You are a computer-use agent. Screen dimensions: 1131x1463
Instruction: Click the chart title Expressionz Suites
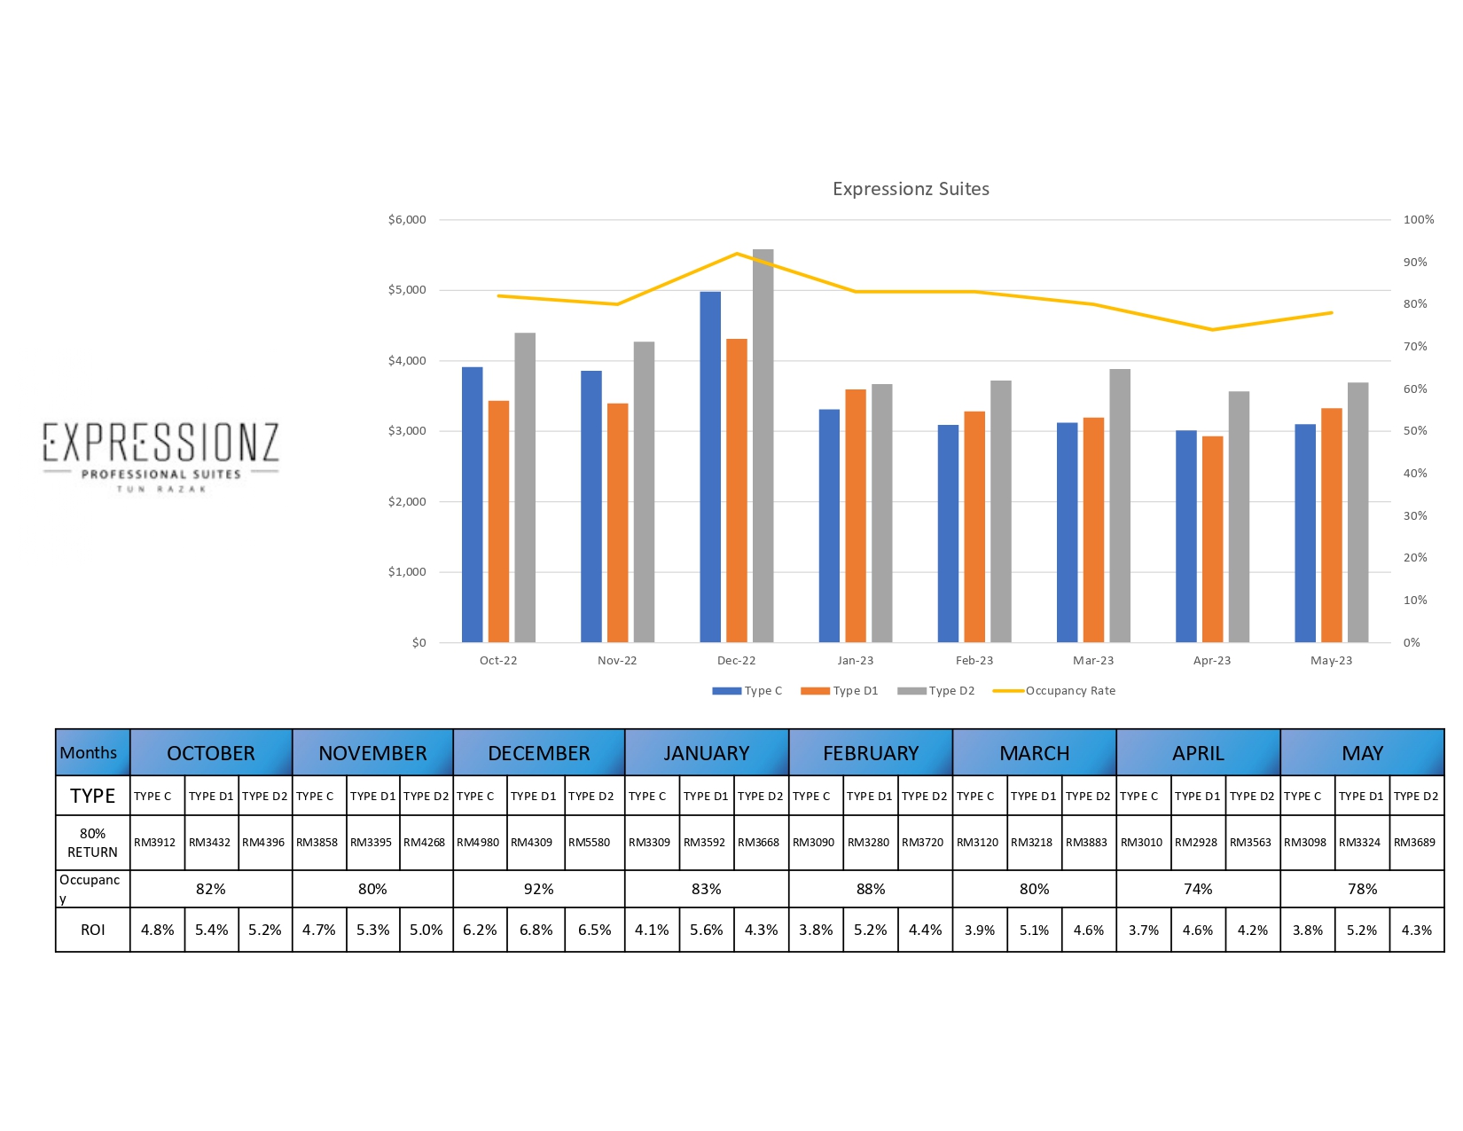tap(911, 189)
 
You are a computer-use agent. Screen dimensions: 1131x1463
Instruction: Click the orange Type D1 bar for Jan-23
tap(856, 515)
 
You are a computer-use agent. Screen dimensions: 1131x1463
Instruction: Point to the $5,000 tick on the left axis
tap(407, 290)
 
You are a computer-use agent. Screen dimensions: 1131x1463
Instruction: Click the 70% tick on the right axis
tap(1415, 347)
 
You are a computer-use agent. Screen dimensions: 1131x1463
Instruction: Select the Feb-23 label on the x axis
tap(974, 661)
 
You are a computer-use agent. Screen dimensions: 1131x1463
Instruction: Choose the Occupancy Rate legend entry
tap(1055, 691)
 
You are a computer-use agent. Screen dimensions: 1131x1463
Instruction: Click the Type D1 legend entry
tap(840, 691)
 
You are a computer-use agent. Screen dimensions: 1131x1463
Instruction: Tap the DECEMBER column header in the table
tap(538, 753)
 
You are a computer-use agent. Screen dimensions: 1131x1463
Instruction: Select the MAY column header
tap(1362, 753)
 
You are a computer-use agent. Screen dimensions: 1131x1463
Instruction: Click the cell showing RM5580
tap(589, 843)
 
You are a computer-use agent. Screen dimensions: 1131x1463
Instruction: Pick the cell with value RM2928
tap(1196, 843)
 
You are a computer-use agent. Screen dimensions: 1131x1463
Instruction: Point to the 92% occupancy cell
tap(538, 889)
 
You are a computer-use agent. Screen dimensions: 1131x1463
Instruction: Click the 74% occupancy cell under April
tap(1198, 889)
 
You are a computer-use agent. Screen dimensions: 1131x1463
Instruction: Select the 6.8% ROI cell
tap(536, 931)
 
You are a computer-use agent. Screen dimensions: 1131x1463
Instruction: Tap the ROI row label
tap(92, 931)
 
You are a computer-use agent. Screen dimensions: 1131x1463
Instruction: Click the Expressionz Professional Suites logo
tap(161, 455)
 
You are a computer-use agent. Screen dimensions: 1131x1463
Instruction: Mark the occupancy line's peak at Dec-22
tap(737, 254)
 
